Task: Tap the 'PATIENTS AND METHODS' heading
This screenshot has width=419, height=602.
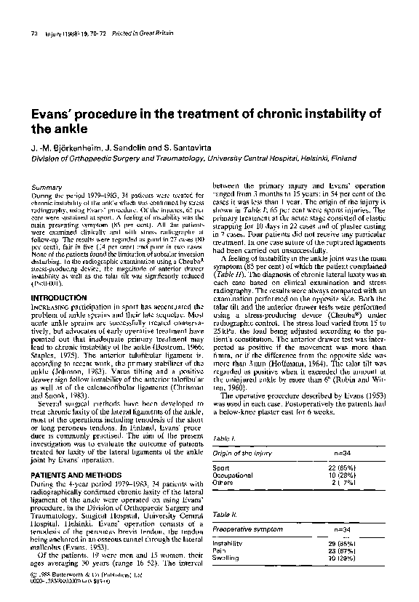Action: click(76, 453)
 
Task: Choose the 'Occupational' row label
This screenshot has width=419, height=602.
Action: click(231, 474)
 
